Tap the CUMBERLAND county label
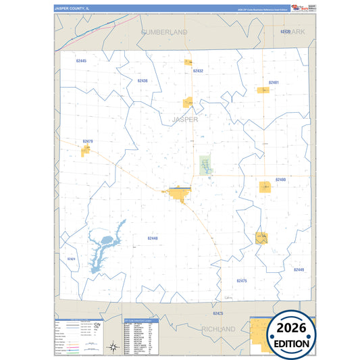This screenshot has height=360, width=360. [164, 32]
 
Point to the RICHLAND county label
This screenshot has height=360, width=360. [218, 329]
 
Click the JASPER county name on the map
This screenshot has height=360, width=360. [185, 119]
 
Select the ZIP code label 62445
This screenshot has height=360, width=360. [81, 61]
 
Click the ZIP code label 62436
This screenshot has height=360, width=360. [142, 81]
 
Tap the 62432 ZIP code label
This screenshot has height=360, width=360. [198, 70]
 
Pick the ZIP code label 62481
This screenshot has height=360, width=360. [273, 82]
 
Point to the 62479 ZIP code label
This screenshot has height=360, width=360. [87, 141]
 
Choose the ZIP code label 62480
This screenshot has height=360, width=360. [280, 180]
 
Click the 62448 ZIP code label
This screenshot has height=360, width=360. [152, 238]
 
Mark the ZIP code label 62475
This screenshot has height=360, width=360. [242, 280]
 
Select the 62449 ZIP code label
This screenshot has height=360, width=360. [299, 269]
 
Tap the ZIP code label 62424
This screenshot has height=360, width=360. [71, 259]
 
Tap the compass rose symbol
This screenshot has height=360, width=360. [113, 348]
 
